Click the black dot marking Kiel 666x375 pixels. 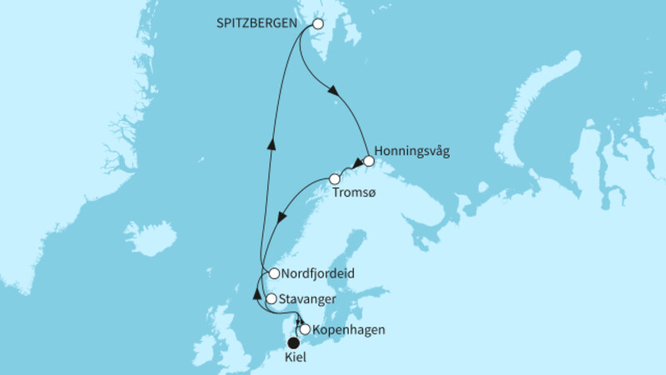tap(293, 342)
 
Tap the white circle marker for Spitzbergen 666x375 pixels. tap(317, 24)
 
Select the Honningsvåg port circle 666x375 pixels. tap(369, 162)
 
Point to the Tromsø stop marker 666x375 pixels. tap(335, 178)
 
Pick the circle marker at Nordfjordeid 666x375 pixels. tap(274, 272)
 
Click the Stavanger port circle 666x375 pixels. tap(270, 297)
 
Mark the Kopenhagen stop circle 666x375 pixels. tap(305, 329)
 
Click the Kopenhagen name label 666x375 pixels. tap(350, 330)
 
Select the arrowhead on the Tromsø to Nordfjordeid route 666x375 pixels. tap(283, 216)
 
